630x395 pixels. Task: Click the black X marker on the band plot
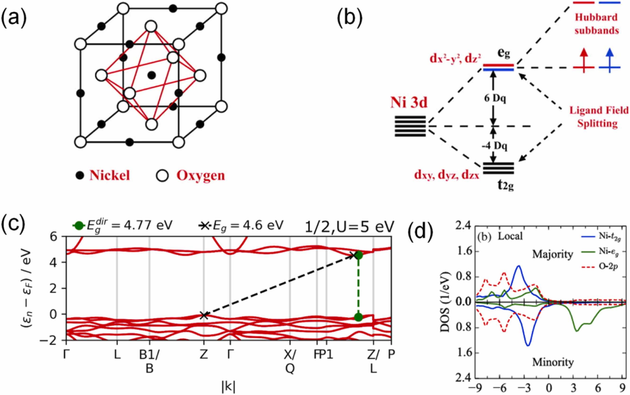[x=204, y=315]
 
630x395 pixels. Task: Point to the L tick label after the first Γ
[x=117, y=355]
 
